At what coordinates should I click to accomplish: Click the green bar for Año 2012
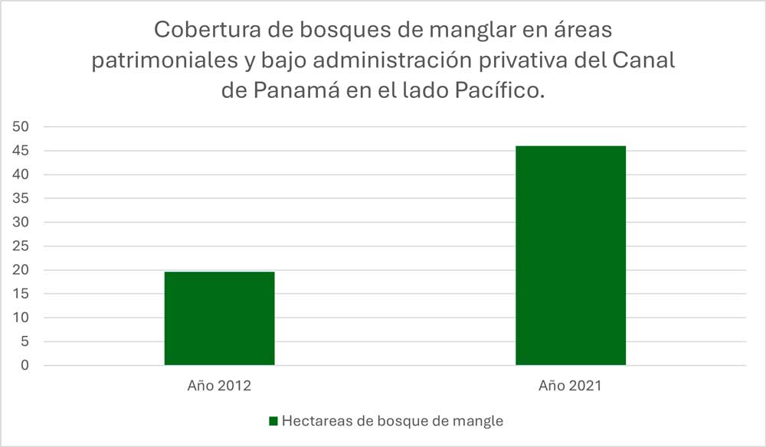click(x=219, y=318)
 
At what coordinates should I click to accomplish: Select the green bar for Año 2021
click(x=570, y=256)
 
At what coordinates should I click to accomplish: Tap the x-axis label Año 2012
click(x=219, y=386)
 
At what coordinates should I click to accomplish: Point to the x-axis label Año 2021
click(x=570, y=386)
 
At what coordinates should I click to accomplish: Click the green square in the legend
click(x=273, y=421)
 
